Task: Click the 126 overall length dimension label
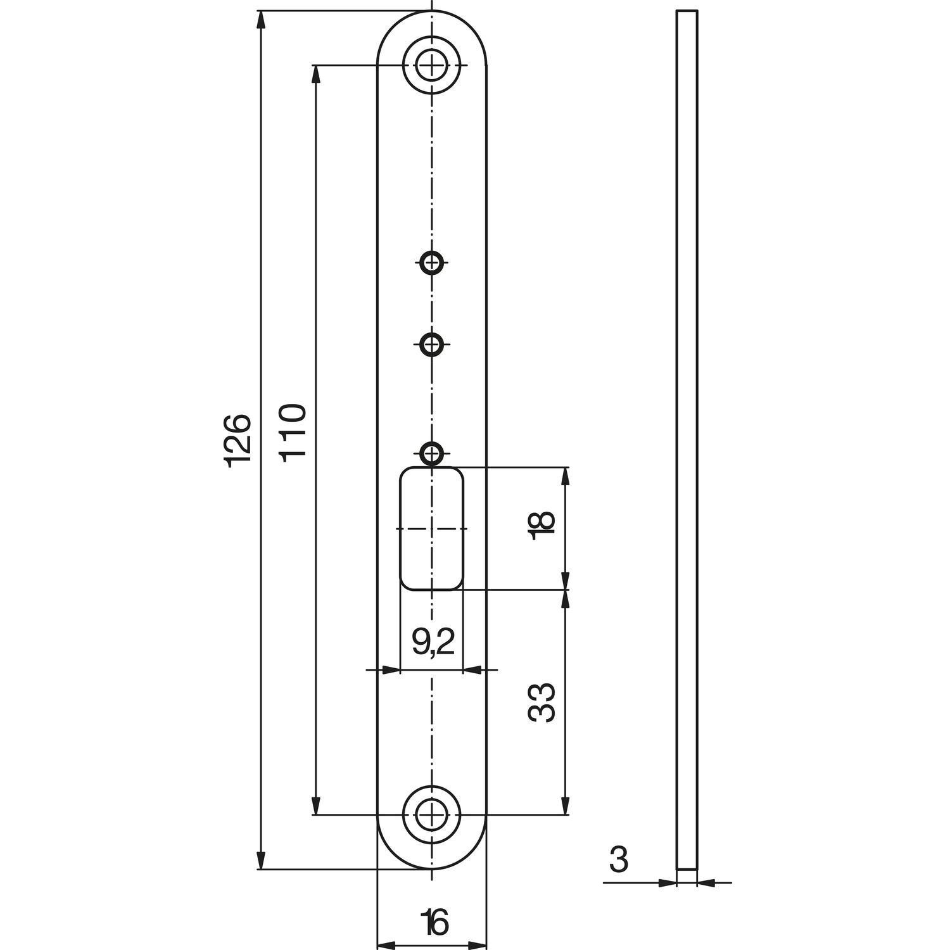coord(240,441)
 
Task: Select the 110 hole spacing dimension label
coord(294,432)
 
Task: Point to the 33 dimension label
coord(541,702)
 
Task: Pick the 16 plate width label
coord(434,921)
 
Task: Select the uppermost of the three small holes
coord(432,261)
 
